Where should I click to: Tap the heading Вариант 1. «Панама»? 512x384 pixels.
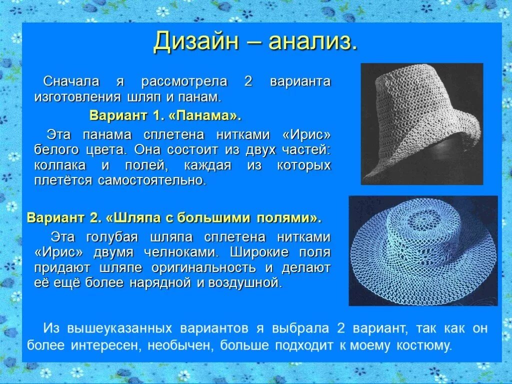point(165,116)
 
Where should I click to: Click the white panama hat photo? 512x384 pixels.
point(421,123)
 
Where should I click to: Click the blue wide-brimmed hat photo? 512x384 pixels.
point(423,250)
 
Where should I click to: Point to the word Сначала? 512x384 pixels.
point(71,81)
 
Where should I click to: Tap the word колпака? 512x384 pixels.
point(60,165)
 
